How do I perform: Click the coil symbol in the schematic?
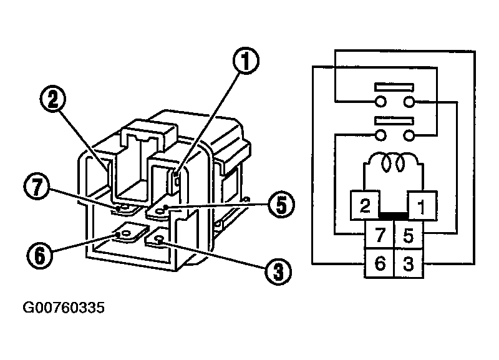[392, 163]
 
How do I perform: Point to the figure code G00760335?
[64, 308]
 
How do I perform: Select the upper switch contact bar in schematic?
[392, 88]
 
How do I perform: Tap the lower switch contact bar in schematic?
[392, 120]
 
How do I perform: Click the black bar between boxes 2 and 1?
[392, 216]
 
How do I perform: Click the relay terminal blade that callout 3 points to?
[157, 238]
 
